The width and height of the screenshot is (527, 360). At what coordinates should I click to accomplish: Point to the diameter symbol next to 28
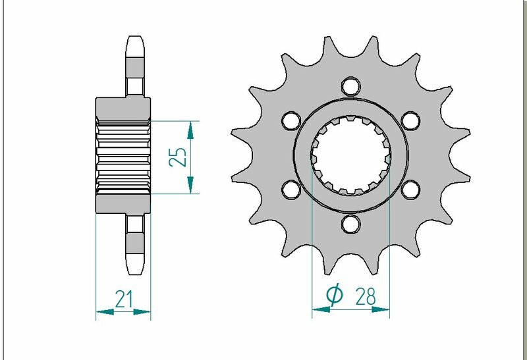[334, 297]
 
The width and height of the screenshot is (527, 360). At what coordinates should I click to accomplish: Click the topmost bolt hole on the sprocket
[350, 86]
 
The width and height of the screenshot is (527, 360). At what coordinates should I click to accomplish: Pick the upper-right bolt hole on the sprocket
[411, 120]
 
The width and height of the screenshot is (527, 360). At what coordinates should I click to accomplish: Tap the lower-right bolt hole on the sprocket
[411, 190]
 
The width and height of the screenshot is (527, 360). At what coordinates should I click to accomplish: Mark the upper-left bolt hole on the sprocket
[290, 120]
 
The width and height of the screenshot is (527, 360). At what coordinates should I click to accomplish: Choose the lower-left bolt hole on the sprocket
[290, 190]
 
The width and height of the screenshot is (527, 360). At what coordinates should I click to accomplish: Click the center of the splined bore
[350, 156]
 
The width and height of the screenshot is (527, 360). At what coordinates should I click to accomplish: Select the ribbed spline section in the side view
[123, 157]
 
